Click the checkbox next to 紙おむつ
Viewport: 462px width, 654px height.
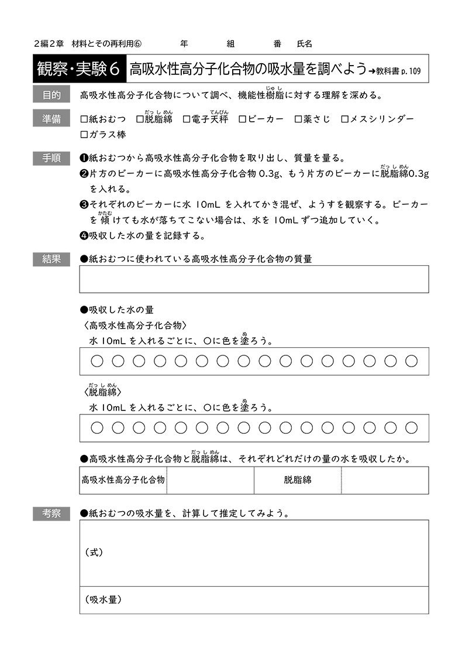pos(84,119)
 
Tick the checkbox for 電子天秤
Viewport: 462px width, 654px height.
pos(187,119)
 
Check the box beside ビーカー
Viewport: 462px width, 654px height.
pos(243,119)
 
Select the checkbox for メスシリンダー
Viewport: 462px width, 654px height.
pos(345,119)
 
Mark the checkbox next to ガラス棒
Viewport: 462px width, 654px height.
pos(84,134)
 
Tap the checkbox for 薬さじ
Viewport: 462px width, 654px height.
pos(299,119)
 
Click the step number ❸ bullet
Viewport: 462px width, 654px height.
pos(83,205)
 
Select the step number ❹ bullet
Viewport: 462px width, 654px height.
pos(83,236)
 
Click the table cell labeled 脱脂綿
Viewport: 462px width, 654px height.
pos(298,480)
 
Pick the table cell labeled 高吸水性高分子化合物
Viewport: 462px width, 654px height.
pos(123,480)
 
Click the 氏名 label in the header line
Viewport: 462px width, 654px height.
pos(305,44)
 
